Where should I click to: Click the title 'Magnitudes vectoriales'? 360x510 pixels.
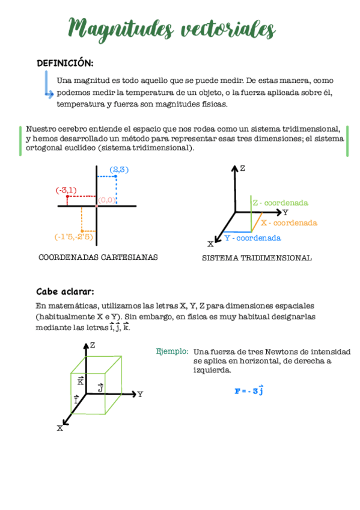pos(172,27)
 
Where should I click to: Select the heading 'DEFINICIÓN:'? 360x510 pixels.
pos(65,63)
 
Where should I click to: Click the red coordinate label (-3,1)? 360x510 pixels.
pos(66,190)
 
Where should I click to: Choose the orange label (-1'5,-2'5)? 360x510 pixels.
pos(73,236)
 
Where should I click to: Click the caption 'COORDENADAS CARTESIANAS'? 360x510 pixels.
pos(98,257)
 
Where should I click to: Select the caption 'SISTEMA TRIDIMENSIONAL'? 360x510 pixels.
pos(257,258)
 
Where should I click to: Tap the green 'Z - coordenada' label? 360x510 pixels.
pos(280,203)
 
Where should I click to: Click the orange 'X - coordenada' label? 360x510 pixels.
pos(289,223)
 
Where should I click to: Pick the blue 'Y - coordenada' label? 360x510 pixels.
pos(252,238)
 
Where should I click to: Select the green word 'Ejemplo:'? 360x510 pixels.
pos(172,351)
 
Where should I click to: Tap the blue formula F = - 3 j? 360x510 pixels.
pos(249,391)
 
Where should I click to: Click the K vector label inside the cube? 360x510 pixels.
pos(81,381)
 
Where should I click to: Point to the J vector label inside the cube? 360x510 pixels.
pos(100,389)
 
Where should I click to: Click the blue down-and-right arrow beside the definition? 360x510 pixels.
pos(48,84)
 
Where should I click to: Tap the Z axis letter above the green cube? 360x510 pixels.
pos(93,345)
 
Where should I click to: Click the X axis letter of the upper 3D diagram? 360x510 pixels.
pos(210,244)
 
